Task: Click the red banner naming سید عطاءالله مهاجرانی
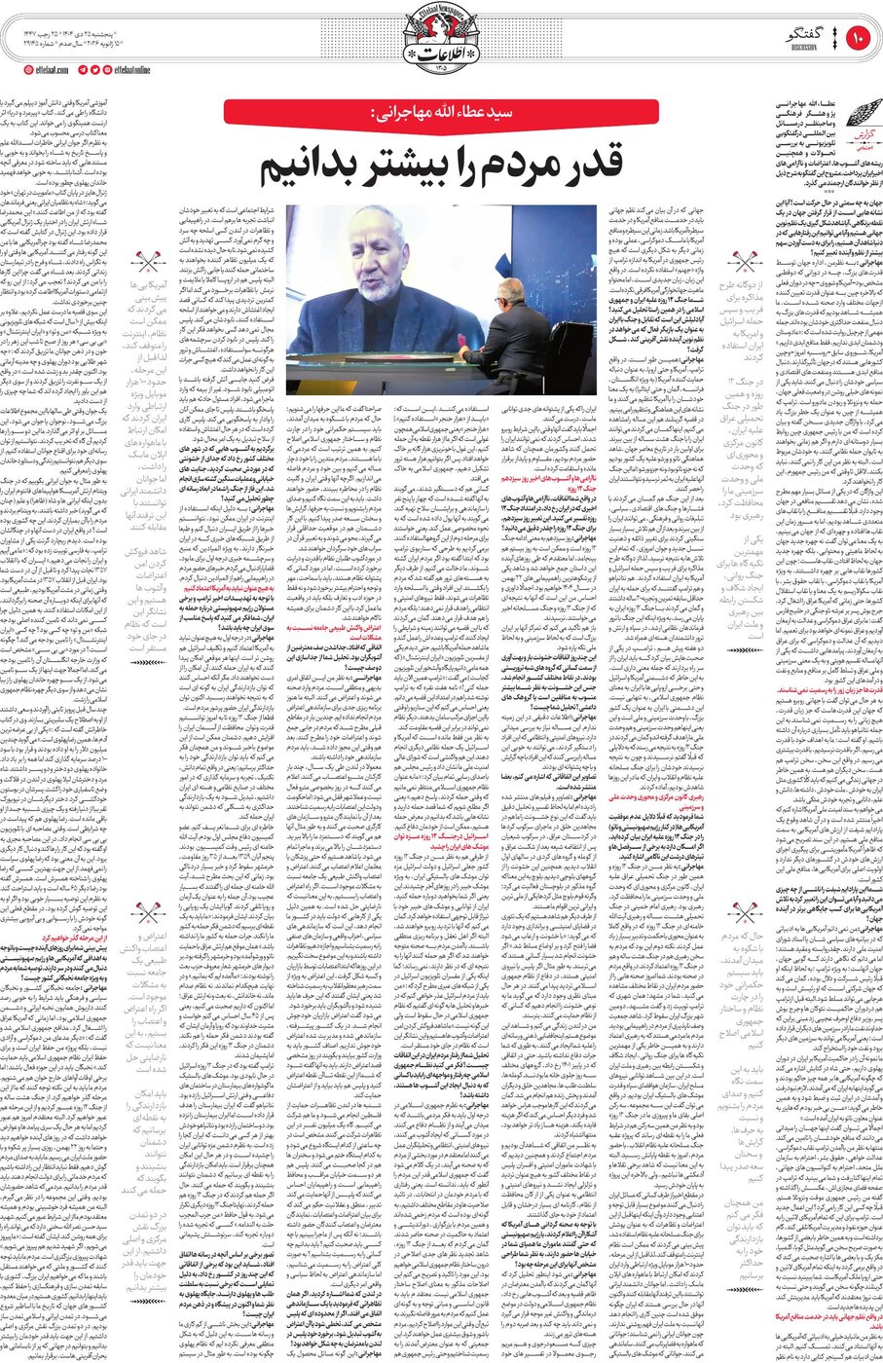tap(441, 113)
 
